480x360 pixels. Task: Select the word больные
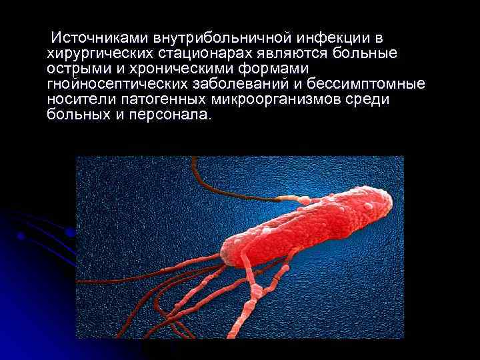coord(364,53)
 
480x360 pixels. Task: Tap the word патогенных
coord(161,99)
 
